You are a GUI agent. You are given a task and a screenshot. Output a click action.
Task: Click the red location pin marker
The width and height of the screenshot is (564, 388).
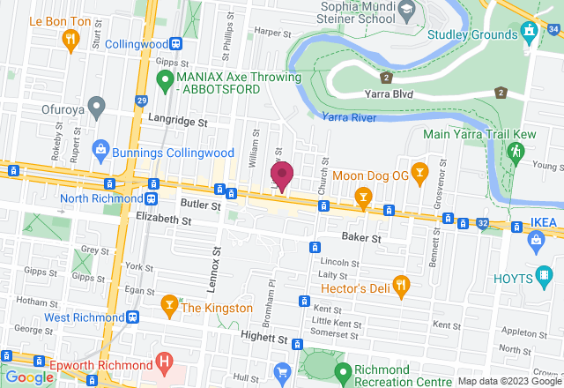pyautogui.click(x=281, y=175)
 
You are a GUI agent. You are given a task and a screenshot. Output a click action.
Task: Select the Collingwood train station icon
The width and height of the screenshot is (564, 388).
pyautogui.click(x=177, y=43)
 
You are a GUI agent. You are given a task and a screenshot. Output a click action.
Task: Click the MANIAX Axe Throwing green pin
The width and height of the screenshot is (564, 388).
pyautogui.click(x=163, y=81)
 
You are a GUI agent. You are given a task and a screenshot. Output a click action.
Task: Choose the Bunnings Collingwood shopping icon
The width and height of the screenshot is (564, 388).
pyautogui.click(x=102, y=151)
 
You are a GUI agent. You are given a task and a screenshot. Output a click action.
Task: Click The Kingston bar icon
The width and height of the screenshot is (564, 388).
pyautogui.click(x=169, y=305)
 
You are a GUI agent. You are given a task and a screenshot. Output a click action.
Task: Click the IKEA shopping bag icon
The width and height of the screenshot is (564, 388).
pyautogui.click(x=534, y=239)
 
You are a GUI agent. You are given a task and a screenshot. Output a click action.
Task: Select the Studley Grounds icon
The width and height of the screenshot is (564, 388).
pyautogui.click(x=529, y=33)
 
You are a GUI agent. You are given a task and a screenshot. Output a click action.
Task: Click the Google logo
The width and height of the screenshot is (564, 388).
pyautogui.click(x=30, y=377)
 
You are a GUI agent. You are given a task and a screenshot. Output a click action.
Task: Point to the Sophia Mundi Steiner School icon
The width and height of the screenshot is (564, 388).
pyautogui.click(x=406, y=12)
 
